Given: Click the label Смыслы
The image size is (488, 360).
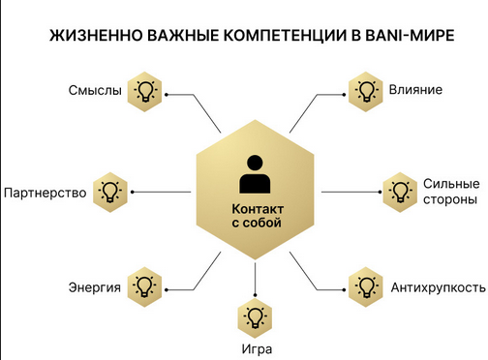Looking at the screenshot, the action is point(95,91).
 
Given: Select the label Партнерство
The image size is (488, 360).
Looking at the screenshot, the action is point(46,192).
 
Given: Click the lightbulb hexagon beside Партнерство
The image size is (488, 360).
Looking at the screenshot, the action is point(110,190).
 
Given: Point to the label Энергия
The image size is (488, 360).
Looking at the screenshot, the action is point(94,287).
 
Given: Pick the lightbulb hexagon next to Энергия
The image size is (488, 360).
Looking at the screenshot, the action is point(144,286).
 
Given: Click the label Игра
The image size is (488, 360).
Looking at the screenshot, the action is point(256,348).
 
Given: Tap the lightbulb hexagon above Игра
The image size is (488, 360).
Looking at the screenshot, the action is point(256,316).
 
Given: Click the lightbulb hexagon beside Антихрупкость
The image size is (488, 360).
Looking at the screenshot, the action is point(366,286).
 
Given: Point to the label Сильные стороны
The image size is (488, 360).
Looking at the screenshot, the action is point(450,192).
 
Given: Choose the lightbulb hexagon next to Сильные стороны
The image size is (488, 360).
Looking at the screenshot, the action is point(399,190).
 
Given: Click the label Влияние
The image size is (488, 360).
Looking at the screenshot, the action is point(415,91).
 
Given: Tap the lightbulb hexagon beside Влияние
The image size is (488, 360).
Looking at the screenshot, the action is point(366,92).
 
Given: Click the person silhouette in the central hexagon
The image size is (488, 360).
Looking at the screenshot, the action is point(256,174).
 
